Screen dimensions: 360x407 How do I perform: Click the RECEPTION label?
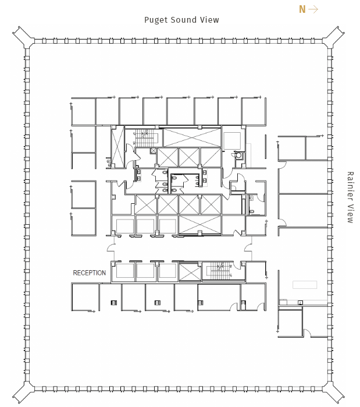[x=90, y=273]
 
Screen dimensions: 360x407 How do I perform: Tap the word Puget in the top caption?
[x=155, y=20]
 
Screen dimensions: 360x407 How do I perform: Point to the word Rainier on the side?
[x=350, y=186]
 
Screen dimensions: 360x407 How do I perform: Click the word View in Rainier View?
[x=350, y=214]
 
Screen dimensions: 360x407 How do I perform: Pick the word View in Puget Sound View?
[x=209, y=20]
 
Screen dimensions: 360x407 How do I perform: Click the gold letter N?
[x=302, y=9]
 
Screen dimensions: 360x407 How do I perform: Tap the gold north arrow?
[x=313, y=9]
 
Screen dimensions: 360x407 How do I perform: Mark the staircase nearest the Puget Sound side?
[x=145, y=139]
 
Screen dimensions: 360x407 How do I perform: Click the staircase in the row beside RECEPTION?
[x=220, y=271]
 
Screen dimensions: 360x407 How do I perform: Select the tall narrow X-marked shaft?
[x=117, y=147]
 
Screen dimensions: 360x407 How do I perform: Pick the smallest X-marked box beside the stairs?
[x=153, y=151]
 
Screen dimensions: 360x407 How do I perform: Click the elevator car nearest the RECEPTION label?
[x=124, y=271]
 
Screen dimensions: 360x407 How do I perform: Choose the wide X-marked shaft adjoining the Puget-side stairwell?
[x=192, y=137]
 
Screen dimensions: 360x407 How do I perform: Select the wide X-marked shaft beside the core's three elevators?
[x=200, y=225]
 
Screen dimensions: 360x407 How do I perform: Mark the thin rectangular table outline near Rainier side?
[x=305, y=285]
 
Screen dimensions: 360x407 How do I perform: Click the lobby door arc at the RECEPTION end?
[x=111, y=248]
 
